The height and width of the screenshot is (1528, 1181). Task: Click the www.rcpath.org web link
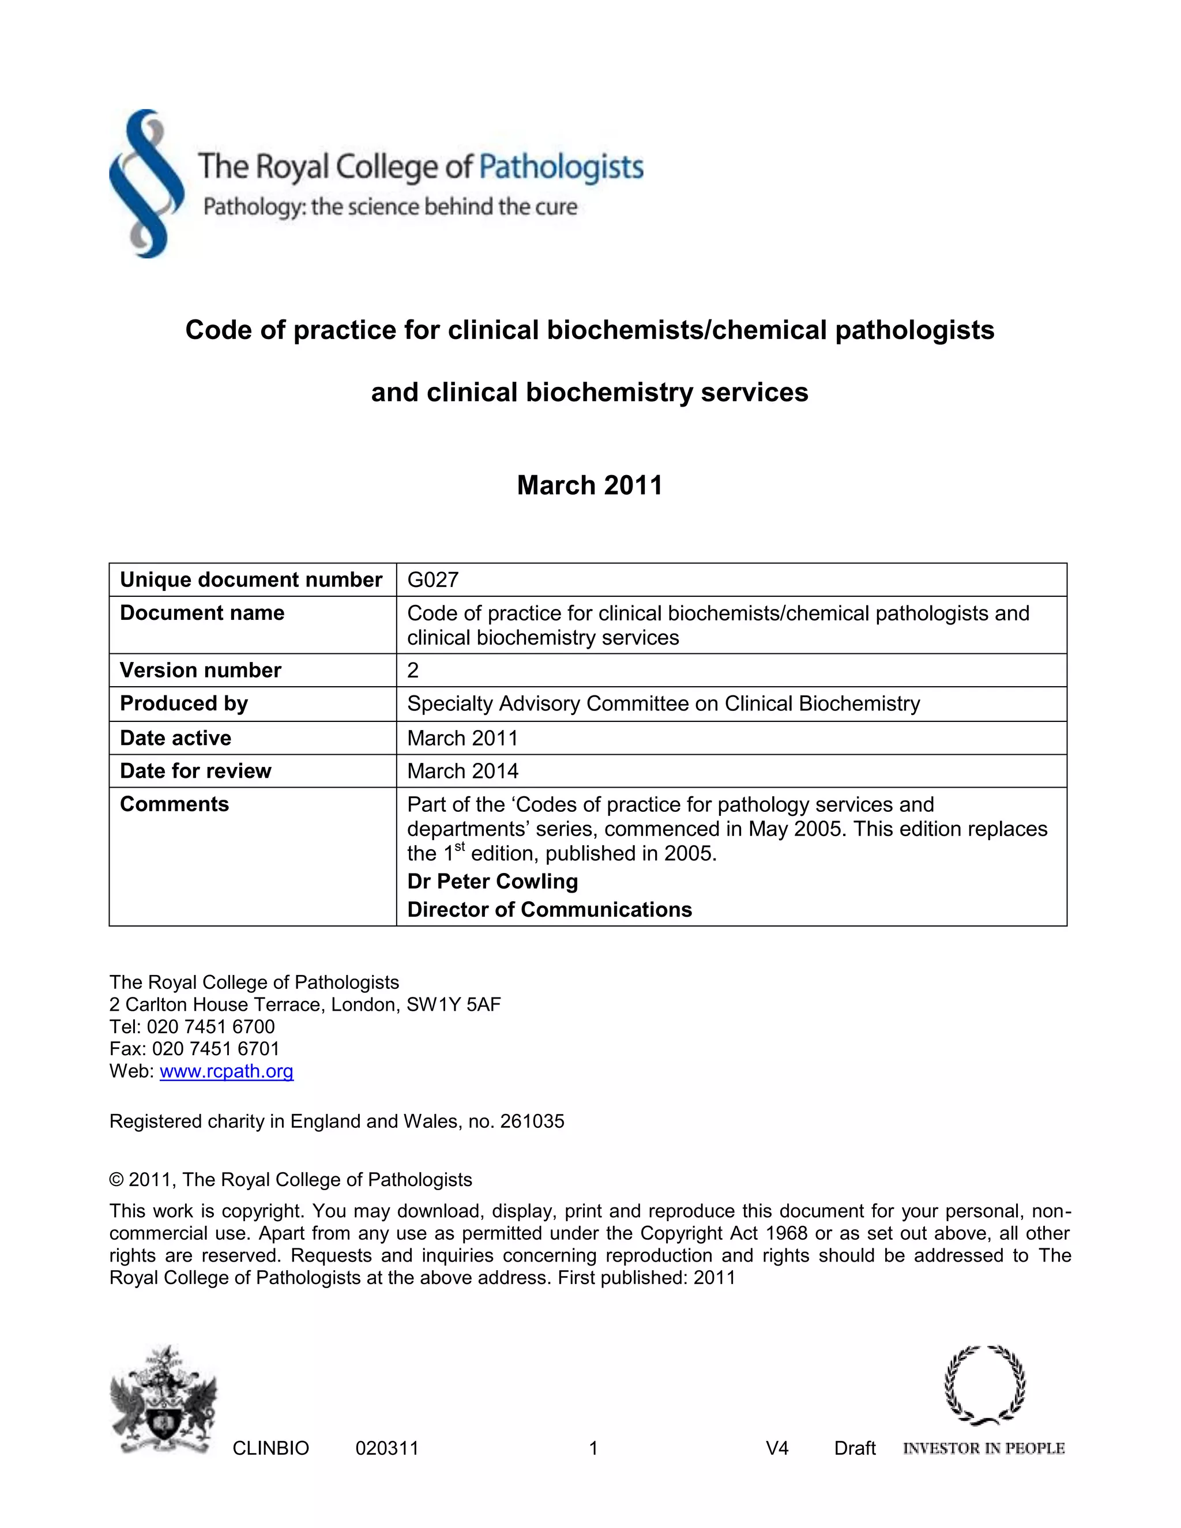point(227,1071)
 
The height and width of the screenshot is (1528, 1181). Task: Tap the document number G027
point(432,580)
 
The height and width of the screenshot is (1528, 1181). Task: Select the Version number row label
point(200,670)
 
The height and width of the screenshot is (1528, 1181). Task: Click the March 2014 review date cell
point(462,771)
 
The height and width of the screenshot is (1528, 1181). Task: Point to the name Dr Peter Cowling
point(492,882)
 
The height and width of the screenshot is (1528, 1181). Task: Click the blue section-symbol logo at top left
point(146,184)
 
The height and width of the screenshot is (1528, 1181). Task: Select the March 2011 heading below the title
point(589,485)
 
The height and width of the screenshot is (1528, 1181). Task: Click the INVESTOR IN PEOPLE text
point(984,1448)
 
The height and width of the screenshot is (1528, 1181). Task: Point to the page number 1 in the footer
point(593,1448)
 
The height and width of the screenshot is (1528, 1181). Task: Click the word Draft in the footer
point(854,1448)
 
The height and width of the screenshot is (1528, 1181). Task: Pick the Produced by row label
point(183,704)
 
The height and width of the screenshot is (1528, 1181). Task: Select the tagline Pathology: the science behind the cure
point(390,207)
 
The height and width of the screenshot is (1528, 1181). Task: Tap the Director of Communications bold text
point(549,909)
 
